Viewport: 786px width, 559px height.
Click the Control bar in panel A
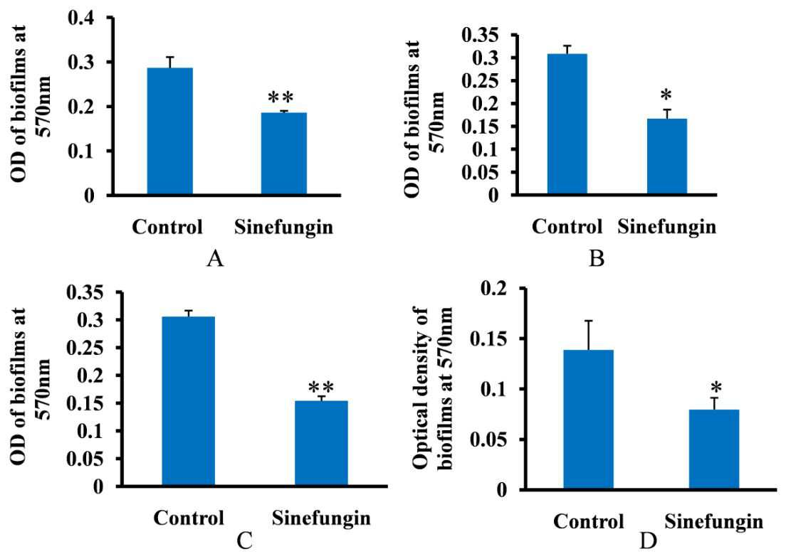click(170, 131)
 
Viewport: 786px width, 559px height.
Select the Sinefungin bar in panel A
click(284, 154)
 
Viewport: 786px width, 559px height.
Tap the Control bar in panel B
click(567, 124)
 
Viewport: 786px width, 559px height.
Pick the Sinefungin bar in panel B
click(666, 156)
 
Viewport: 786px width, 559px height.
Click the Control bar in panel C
click(189, 401)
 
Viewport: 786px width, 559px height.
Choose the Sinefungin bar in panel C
click(321, 443)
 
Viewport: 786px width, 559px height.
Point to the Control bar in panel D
click(589, 420)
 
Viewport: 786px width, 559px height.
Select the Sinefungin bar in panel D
click(714, 449)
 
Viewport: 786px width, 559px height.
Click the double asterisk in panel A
click(281, 97)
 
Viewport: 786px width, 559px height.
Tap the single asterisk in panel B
click(666, 95)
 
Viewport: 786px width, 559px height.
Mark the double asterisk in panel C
click(321, 387)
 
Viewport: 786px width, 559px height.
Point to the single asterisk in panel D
click(716, 387)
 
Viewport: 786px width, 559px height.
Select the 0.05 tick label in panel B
click(480, 172)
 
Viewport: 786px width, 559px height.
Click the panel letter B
click(597, 259)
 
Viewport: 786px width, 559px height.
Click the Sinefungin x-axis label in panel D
click(714, 521)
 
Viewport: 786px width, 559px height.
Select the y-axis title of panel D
click(433, 388)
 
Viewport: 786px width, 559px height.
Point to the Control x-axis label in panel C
click(189, 518)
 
